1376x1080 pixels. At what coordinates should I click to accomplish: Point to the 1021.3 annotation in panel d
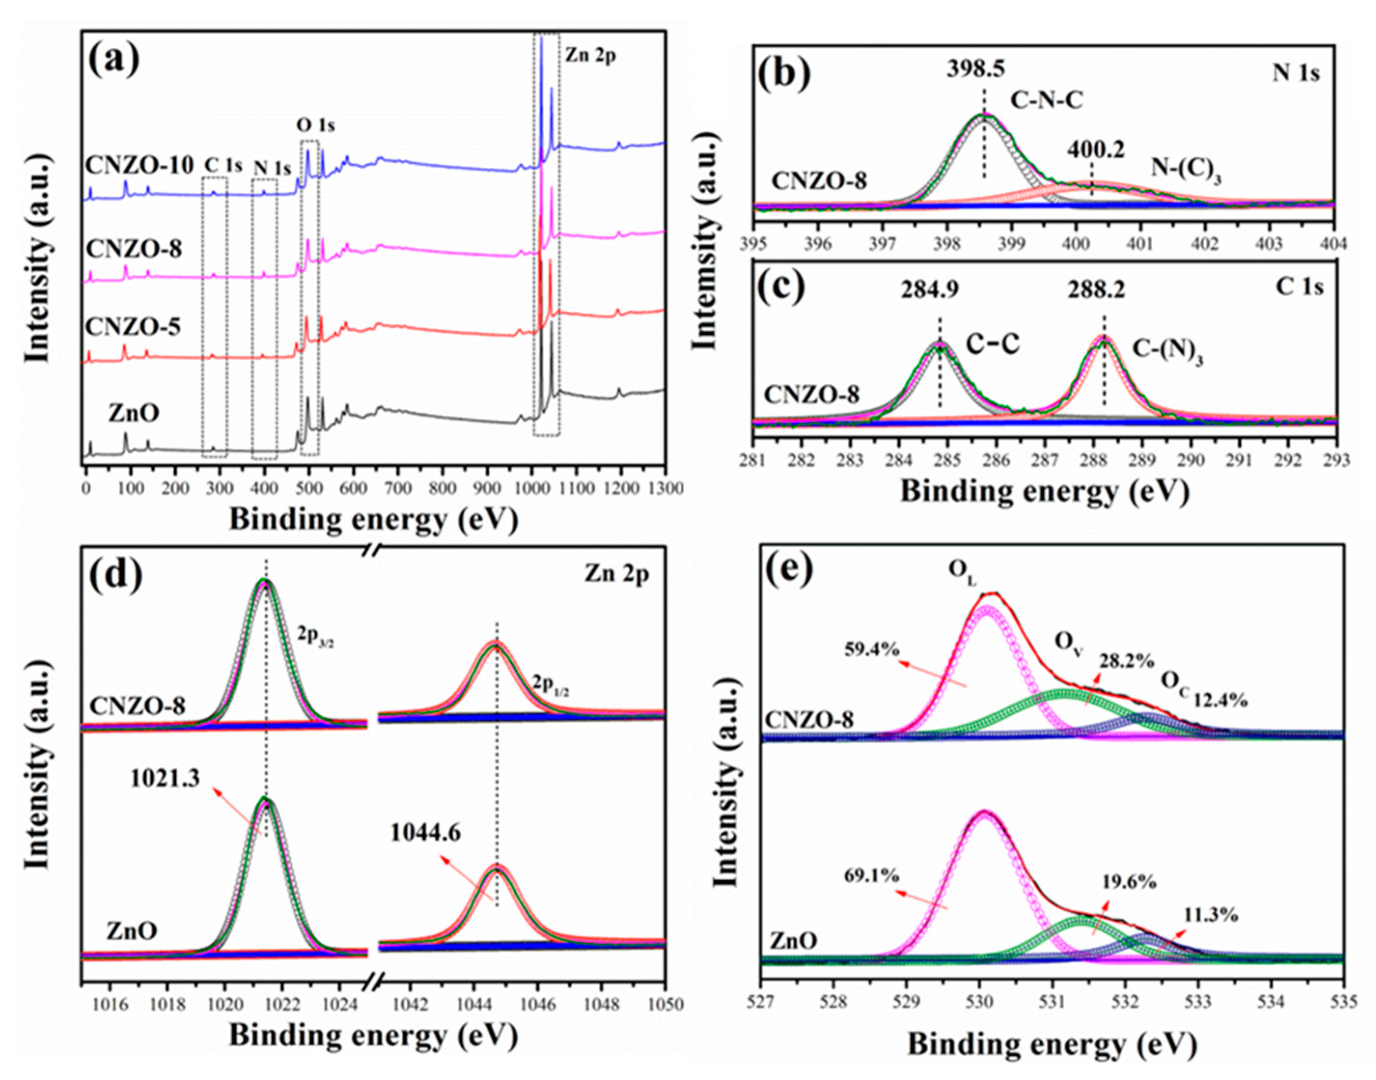pyautogui.click(x=165, y=778)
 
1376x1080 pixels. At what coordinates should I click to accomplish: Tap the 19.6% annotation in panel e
pyautogui.click(x=1129, y=882)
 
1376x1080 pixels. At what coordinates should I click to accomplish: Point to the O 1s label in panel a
pyautogui.click(x=316, y=125)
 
